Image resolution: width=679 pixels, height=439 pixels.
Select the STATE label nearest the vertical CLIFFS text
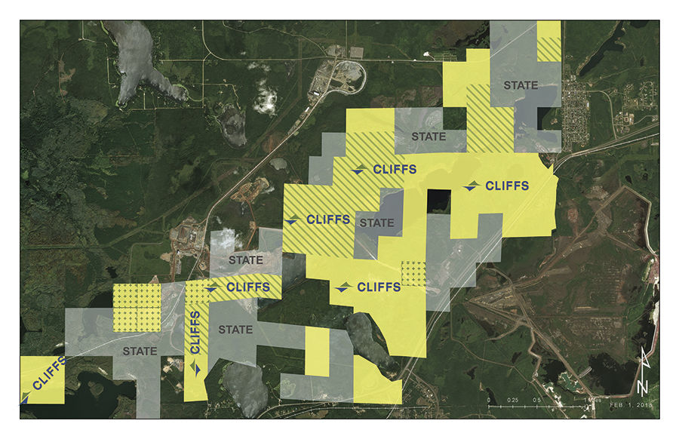(235, 330)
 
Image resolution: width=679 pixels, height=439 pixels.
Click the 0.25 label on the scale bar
(513, 399)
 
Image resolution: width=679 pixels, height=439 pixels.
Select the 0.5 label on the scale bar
(537, 399)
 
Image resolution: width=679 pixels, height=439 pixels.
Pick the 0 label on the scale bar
(489, 399)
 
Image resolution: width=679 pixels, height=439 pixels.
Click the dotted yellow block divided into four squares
(137, 308)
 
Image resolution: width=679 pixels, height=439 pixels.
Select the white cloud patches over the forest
(264, 98)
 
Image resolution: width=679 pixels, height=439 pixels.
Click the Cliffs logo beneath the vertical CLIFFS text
(196, 368)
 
